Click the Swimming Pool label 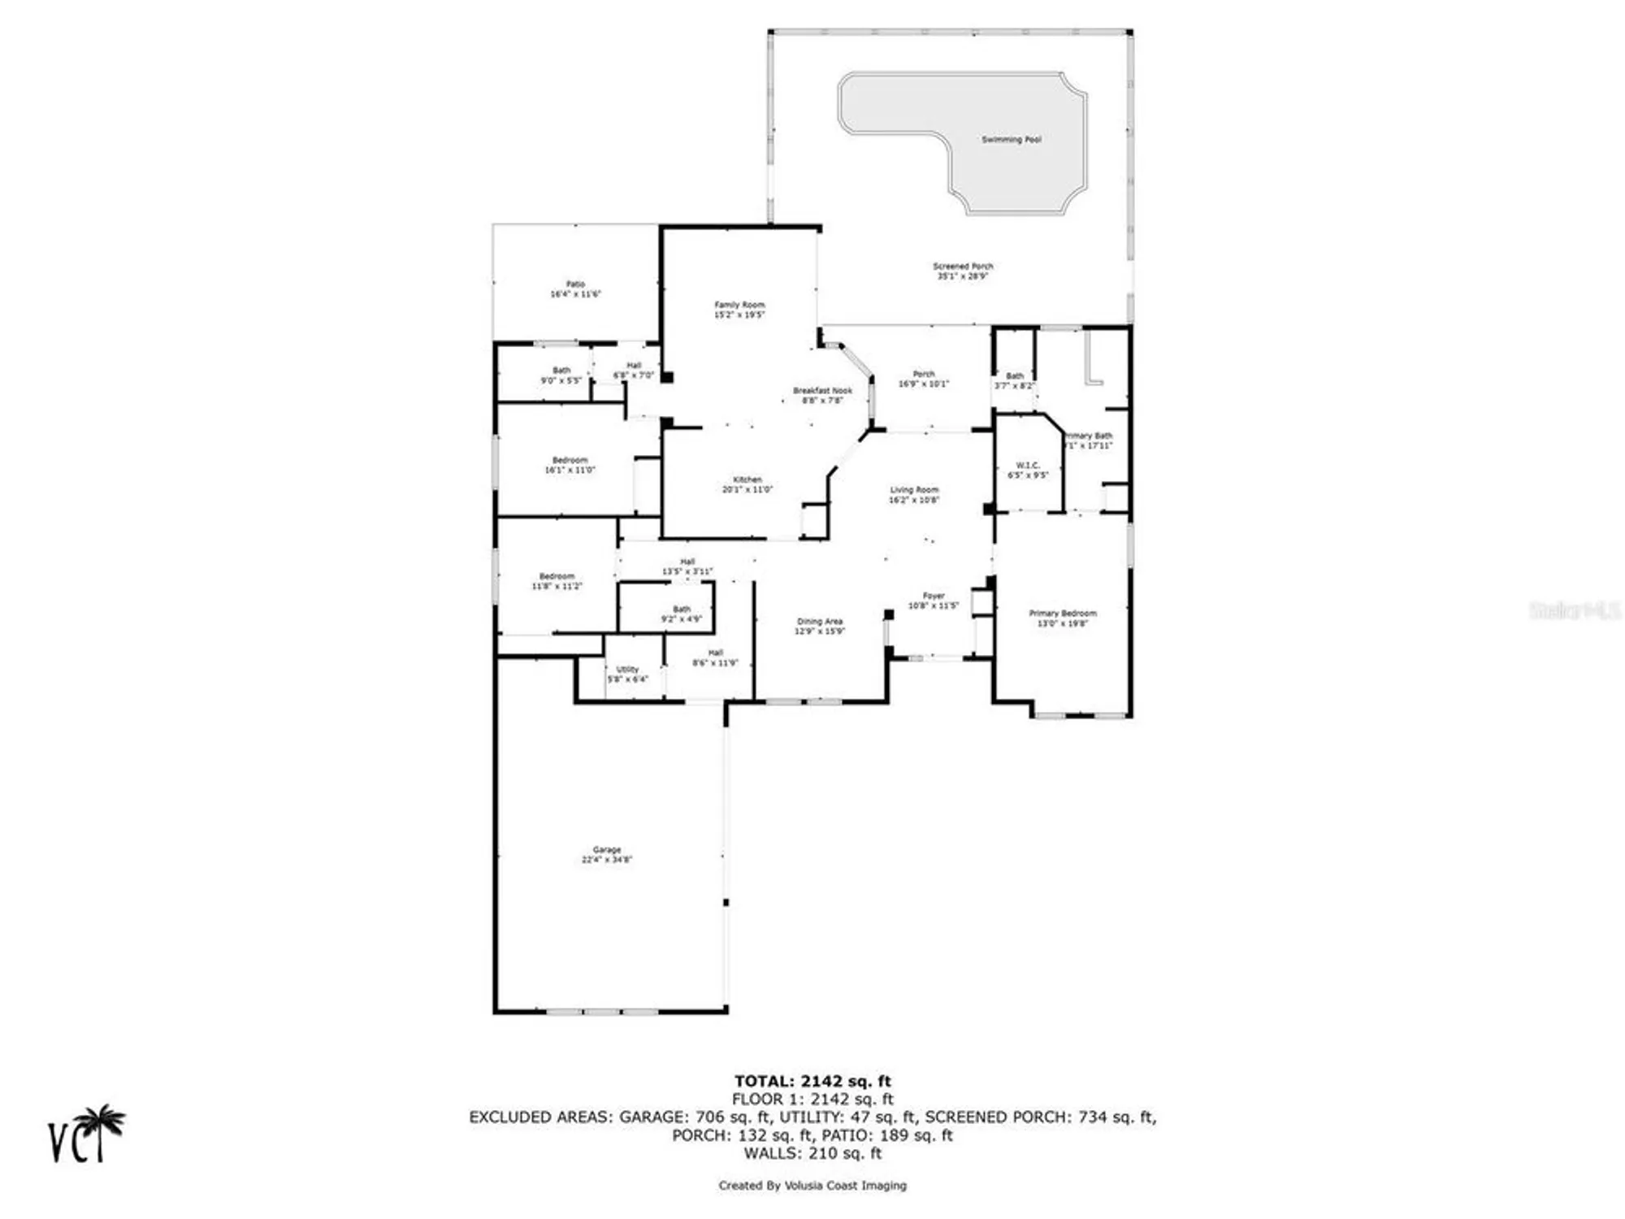tap(1011, 140)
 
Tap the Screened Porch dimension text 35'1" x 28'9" tap(962, 276)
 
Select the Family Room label tap(739, 305)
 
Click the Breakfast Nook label tap(822, 391)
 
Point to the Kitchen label tap(747, 479)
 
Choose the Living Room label tap(914, 490)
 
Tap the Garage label tap(606, 849)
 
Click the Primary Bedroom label tap(1062, 614)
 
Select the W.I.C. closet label tap(1028, 466)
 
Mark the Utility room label tap(627, 670)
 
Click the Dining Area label tap(819, 622)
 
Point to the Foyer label tap(934, 596)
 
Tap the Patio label tap(575, 284)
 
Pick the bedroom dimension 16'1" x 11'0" tap(570, 471)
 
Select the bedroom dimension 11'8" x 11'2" tap(557, 586)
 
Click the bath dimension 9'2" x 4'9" tap(681, 619)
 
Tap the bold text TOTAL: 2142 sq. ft tap(812, 1081)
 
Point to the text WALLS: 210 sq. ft tap(812, 1153)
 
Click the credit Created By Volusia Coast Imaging tap(812, 1186)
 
